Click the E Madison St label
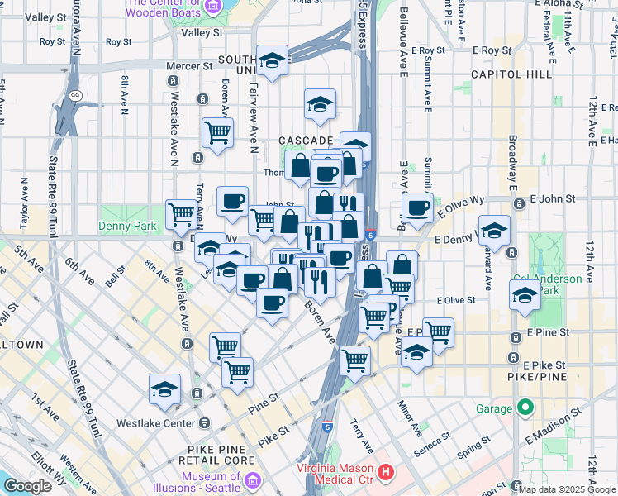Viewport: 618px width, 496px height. [566, 421]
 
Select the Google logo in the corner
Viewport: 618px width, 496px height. [27, 486]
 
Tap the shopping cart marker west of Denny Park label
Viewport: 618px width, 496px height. [181, 213]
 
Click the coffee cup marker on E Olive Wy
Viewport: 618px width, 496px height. [418, 207]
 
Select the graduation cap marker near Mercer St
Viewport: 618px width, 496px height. [272, 60]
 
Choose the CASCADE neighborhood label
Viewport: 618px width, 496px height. [305, 141]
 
